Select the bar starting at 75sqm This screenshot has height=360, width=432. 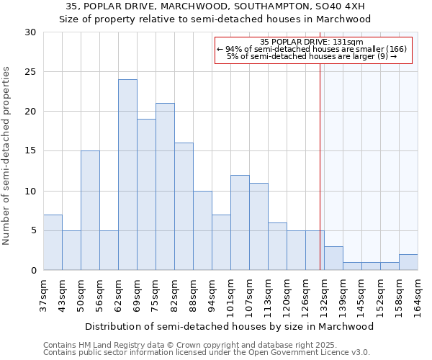pos(165,186)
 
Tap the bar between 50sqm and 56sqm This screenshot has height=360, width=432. pos(90,210)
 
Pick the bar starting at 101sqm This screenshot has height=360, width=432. pos(240,222)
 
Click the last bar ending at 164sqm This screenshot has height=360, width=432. pos(408,262)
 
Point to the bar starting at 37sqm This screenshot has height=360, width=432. pos(53,243)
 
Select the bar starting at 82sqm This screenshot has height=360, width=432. pos(184,207)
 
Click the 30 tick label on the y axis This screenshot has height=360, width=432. pos(30,32)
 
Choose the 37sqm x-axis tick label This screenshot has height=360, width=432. pos(43,293)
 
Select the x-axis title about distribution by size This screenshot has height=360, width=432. pos(230,326)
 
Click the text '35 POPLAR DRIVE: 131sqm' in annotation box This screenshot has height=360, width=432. pos(312,42)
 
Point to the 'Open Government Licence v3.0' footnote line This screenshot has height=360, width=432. pos(207,353)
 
